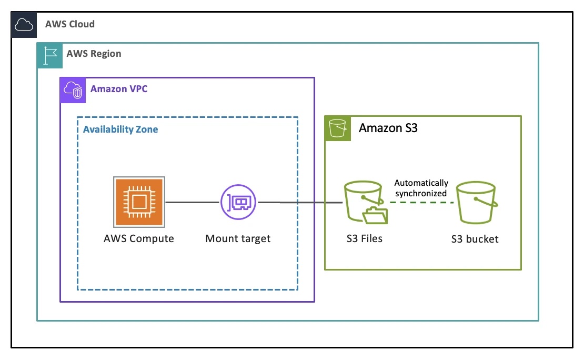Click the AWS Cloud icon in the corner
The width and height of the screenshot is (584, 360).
[x=24, y=24]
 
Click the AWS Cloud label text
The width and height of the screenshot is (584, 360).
[x=70, y=24]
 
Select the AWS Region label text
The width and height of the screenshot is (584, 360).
[x=94, y=54]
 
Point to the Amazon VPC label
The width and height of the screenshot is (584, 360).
[x=119, y=89]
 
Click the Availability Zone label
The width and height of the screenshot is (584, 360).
[x=120, y=129]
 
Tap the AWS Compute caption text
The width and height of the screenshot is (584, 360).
[x=139, y=239]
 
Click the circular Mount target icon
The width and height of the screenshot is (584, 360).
[x=238, y=202]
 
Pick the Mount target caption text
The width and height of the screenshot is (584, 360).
[x=238, y=239]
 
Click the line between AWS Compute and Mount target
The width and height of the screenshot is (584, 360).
[x=192, y=202]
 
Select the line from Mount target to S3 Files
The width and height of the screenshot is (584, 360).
[x=300, y=203]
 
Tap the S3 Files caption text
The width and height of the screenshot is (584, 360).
[x=364, y=239]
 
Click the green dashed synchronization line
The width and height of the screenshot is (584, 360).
[x=421, y=203]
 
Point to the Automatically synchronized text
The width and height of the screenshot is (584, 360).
[x=421, y=188]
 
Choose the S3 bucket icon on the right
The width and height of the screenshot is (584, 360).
[x=475, y=203]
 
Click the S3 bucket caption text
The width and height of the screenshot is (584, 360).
[x=475, y=239]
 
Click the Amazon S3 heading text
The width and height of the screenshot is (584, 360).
[x=388, y=128]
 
